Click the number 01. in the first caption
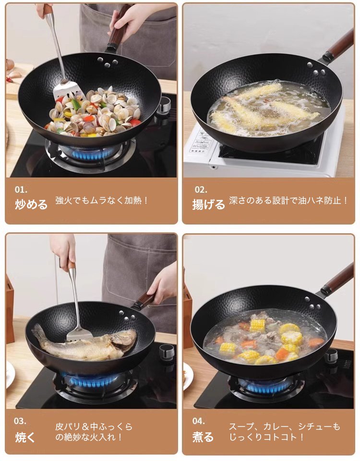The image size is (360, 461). click(x=21, y=190)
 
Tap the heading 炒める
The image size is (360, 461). click(x=31, y=205)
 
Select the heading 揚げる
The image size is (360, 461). click(x=209, y=205)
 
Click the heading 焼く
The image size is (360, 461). click(x=24, y=437)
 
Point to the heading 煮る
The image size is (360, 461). click(x=203, y=437)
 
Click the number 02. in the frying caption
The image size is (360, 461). click(x=201, y=190)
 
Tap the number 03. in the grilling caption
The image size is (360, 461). click(x=20, y=421)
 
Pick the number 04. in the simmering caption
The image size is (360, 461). click(x=199, y=421)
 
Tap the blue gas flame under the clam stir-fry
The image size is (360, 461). click(x=89, y=153)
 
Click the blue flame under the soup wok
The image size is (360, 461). click(x=267, y=385)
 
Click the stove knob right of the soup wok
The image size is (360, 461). click(x=331, y=356)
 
